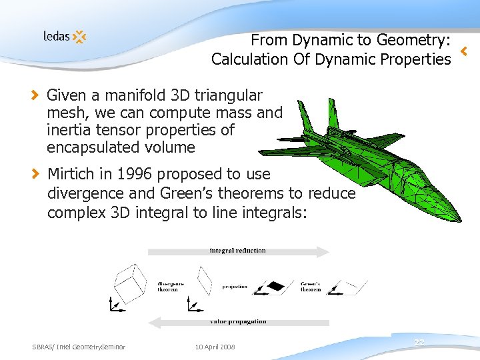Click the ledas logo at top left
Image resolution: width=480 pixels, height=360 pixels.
(x=65, y=37)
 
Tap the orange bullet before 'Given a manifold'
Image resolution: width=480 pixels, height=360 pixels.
(x=36, y=95)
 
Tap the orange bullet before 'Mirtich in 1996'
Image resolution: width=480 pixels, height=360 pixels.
(x=36, y=174)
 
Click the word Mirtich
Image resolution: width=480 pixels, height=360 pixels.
(x=73, y=174)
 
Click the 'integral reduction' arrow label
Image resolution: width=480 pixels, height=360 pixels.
(x=237, y=251)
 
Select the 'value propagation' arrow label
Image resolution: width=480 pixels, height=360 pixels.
(x=237, y=322)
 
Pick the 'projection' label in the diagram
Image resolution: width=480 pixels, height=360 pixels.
(x=235, y=287)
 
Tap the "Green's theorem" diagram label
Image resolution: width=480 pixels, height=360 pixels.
(x=311, y=285)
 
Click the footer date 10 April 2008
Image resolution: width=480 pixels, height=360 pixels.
(x=215, y=347)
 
